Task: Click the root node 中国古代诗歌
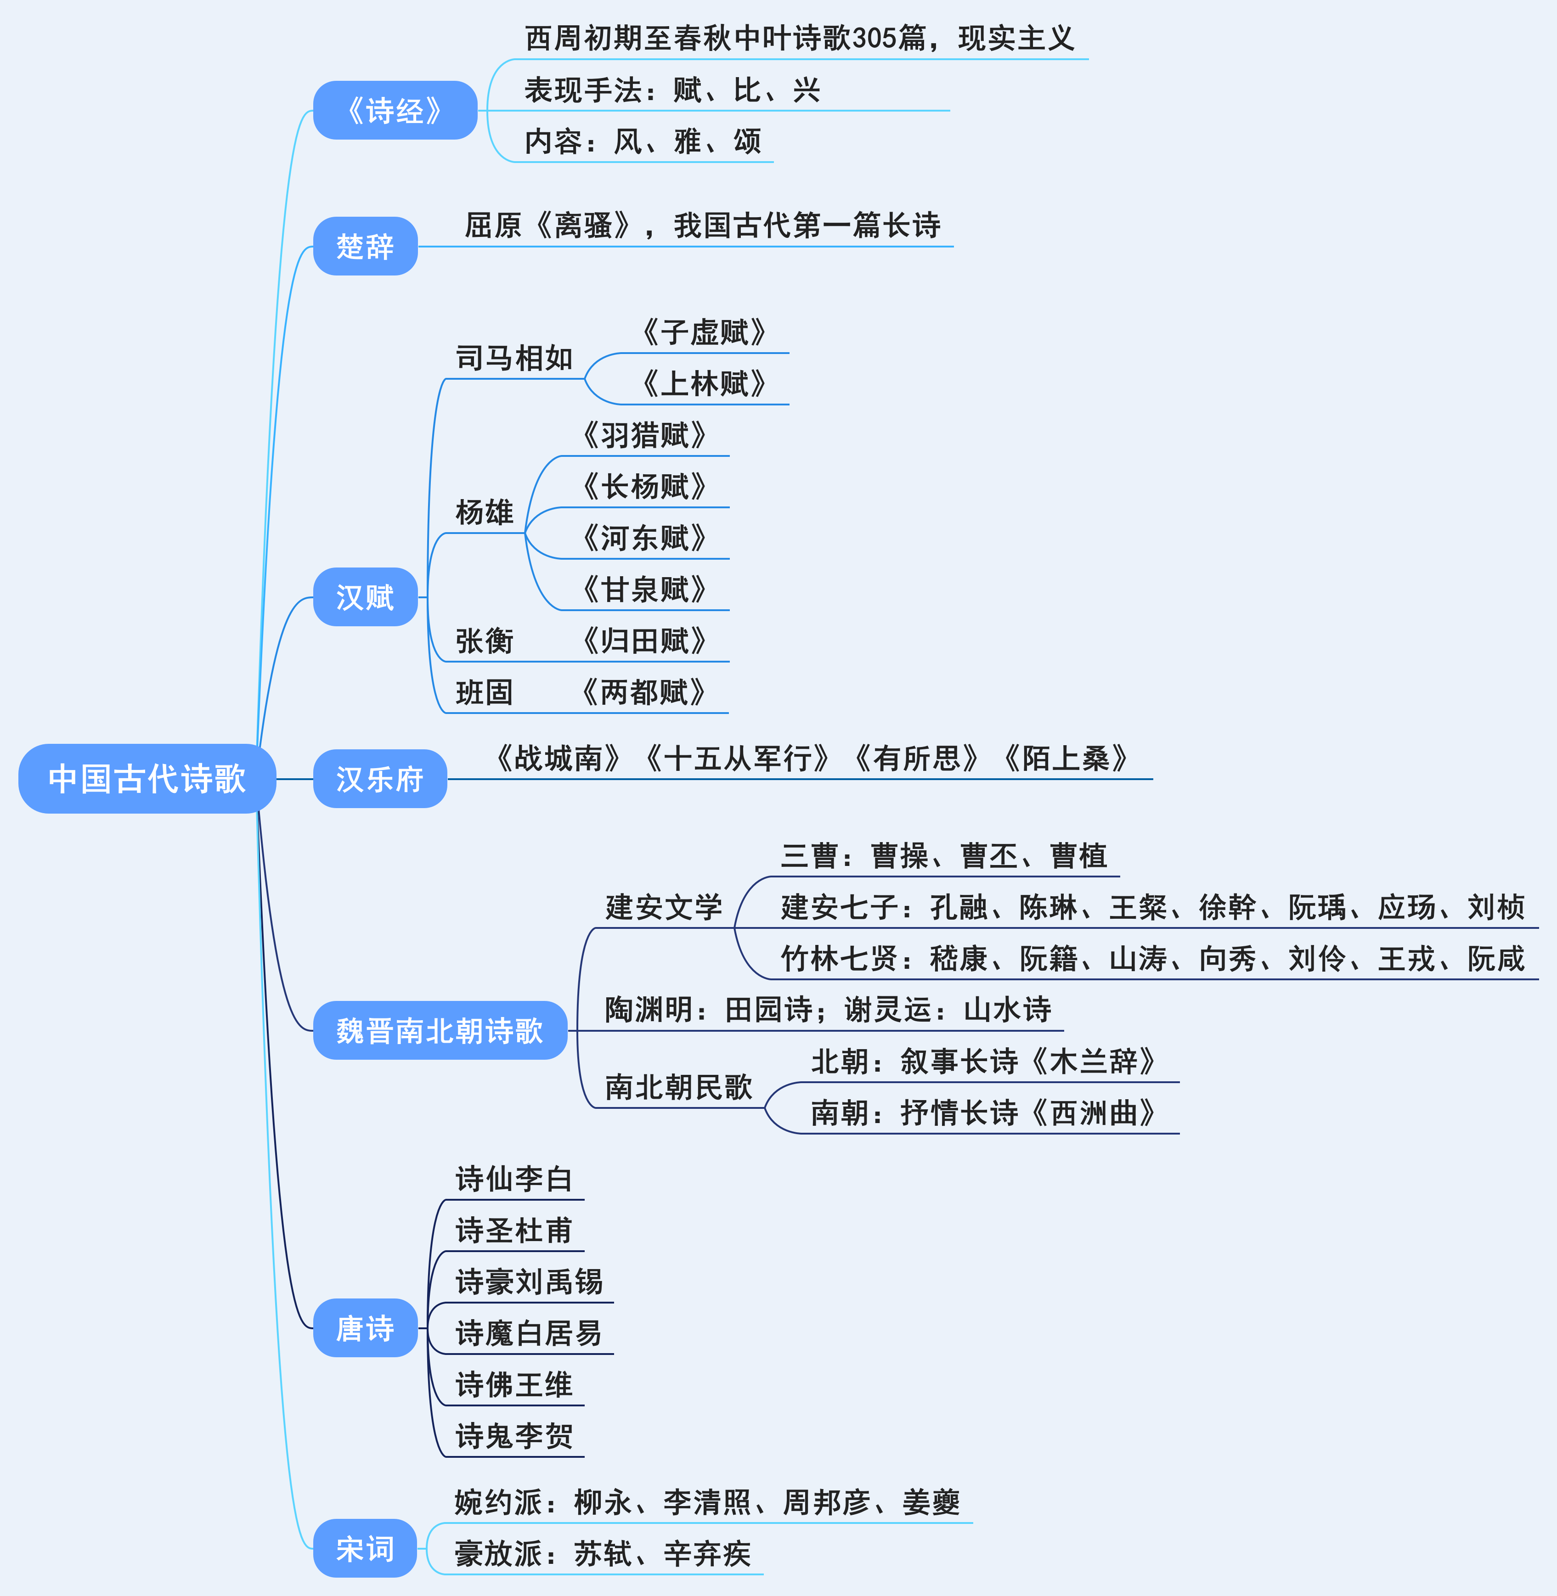point(147,778)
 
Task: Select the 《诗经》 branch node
point(395,110)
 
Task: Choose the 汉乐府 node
point(379,778)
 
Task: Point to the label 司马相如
point(513,358)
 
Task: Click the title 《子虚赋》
point(704,332)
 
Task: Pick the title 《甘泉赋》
point(644,589)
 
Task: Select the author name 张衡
point(484,640)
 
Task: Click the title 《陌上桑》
point(1066,758)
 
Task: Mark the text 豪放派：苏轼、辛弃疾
point(603,1553)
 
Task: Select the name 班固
point(484,692)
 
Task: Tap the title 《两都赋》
point(644,692)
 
